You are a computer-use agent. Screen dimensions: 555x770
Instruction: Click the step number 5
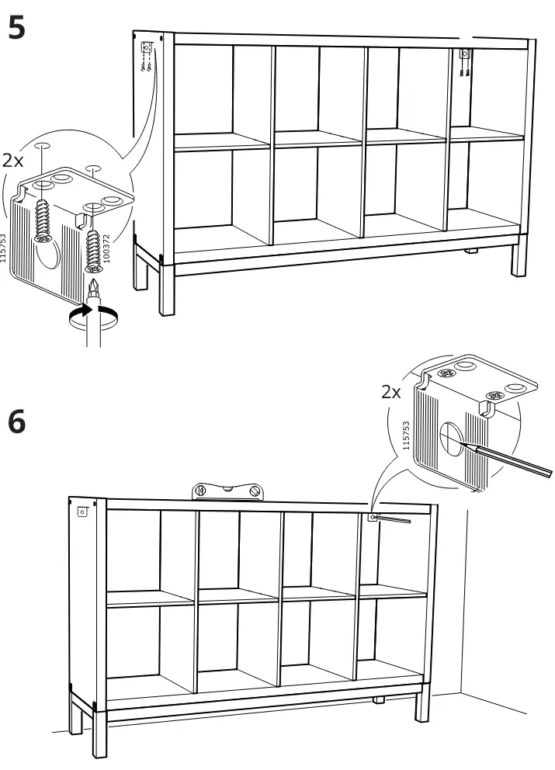(x=16, y=27)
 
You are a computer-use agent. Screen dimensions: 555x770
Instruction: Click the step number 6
(x=16, y=421)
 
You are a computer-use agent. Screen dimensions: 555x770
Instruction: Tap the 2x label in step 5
(x=12, y=160)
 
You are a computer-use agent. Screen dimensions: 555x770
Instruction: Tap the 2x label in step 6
(x=391, y=392)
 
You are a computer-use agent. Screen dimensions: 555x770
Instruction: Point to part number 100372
(x=107, y=248)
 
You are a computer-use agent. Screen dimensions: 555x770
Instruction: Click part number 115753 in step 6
(x=406, y=435)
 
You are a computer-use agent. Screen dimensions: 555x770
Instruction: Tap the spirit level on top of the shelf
(x=227, y=491)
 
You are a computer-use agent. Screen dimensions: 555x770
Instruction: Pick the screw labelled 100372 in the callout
(x=93, y=251)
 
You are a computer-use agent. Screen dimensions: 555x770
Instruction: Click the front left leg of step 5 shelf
(x=167, y=290)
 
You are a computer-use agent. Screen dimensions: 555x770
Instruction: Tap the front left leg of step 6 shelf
(x=99, y=734)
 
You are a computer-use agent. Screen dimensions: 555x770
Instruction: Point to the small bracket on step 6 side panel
(x=82, y=512)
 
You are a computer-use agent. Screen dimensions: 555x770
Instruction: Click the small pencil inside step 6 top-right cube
(x=391, y=519)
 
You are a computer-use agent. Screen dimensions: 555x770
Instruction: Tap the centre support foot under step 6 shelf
(x=378, y=700)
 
